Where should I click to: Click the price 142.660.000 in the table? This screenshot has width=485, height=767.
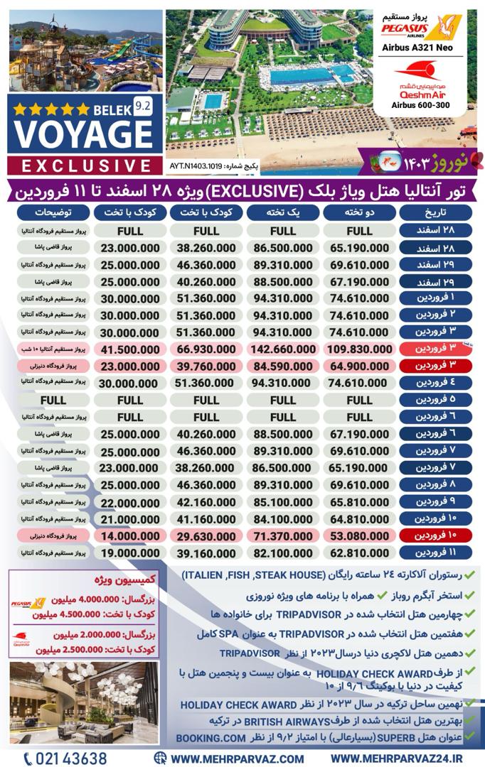tap(282, 349)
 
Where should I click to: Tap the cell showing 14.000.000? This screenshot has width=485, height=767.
tap(130, 535)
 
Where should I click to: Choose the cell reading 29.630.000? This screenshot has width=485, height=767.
tap(206, 535)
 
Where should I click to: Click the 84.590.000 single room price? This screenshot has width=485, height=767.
tap(282, 366)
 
